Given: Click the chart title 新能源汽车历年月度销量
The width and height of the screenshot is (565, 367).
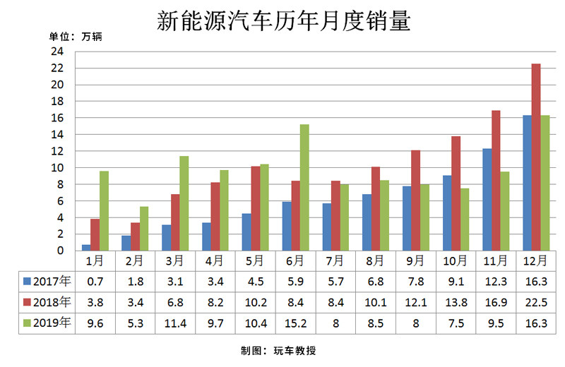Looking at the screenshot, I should click(x=282, y=20).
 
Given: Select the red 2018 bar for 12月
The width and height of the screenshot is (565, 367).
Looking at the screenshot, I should click(x=536, y=157).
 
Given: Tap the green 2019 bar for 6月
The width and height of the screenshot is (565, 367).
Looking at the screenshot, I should click(x=304, y=187).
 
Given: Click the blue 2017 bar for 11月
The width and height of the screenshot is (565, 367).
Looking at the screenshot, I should click(x=487, y=199).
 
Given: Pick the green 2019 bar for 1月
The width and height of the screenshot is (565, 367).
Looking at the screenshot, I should click(x=104, y=210).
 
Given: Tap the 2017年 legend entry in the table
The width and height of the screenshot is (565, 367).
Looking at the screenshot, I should click(x=47, y=281).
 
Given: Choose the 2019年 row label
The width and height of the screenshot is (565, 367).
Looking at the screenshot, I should click(x=47, y=323).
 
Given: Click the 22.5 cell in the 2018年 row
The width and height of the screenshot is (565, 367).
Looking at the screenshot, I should click(x=536, y=302).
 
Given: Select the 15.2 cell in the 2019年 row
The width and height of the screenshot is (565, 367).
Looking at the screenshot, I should click(x=295, y=323).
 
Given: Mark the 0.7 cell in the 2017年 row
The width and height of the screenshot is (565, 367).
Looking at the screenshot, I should click(x=95, y=281).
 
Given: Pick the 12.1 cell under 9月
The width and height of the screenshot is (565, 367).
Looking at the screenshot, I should click(x=415, y=302).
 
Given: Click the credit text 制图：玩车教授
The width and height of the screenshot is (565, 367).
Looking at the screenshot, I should click(x=282, y=349).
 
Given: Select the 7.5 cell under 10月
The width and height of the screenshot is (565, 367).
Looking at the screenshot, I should click(x=456, y=323).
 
